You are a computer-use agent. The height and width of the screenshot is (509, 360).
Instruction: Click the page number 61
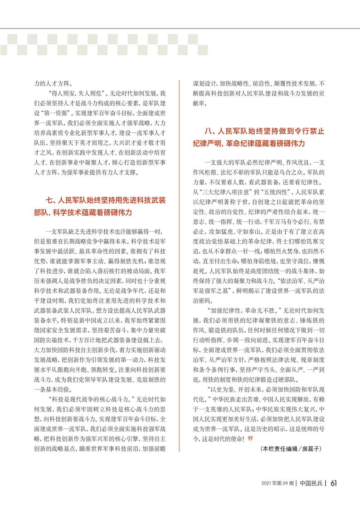(333, 483)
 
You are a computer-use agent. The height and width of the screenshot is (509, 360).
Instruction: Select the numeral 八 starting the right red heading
(208, 131)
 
